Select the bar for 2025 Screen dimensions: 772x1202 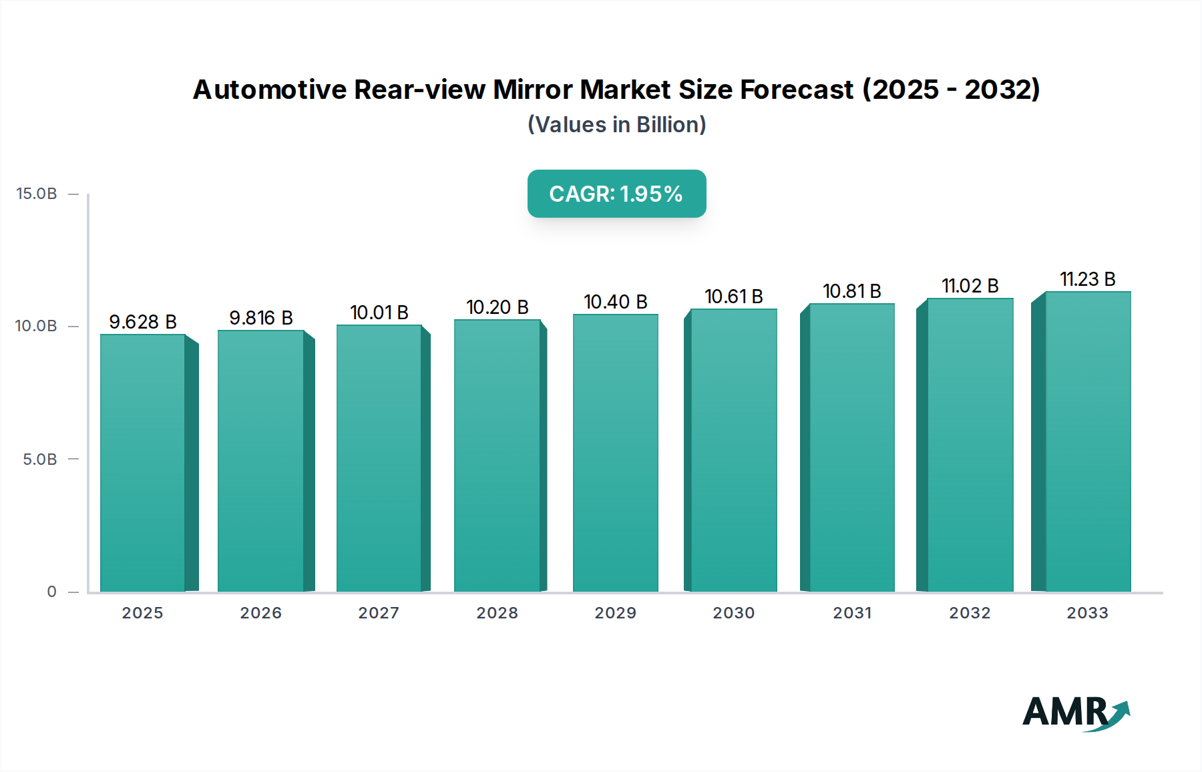click(142, 462)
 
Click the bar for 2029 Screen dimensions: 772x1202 click(615, 453)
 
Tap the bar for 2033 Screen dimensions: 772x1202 click(1088, 441)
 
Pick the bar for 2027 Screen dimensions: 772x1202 click(379, 458)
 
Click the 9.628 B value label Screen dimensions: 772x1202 click(142, 322)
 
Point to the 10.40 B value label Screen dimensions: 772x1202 click(615, 302)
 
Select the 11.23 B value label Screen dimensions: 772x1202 click(1087, 279)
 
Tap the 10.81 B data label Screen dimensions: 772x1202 click(851, 291)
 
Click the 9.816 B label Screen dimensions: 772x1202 click(260, 318)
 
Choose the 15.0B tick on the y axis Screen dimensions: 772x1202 click(37, 194)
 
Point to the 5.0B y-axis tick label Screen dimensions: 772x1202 click(40, 459)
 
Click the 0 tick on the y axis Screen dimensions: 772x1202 click(51, 592)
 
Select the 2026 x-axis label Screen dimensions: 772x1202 click(260, 613)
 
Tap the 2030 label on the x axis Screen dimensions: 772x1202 click(733, 613)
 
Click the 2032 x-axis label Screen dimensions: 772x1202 click(970, 613)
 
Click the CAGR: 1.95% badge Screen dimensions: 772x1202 click(616, 194)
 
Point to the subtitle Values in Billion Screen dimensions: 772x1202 click(616, 125)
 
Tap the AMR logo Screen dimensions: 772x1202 click(1075, 713)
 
